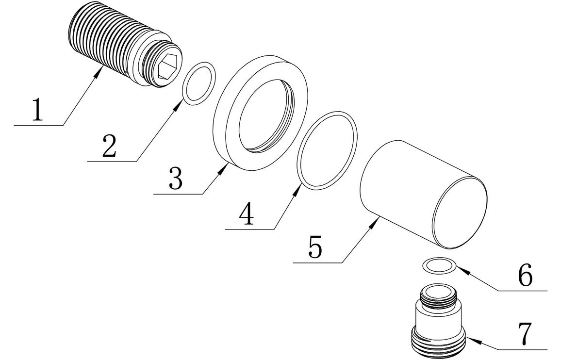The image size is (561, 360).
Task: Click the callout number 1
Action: click(37, 110)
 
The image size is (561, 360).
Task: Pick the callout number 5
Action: click(315, 247)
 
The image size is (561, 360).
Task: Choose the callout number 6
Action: click(525, 276)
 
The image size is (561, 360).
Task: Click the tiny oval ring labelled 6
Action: click(440, 264)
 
